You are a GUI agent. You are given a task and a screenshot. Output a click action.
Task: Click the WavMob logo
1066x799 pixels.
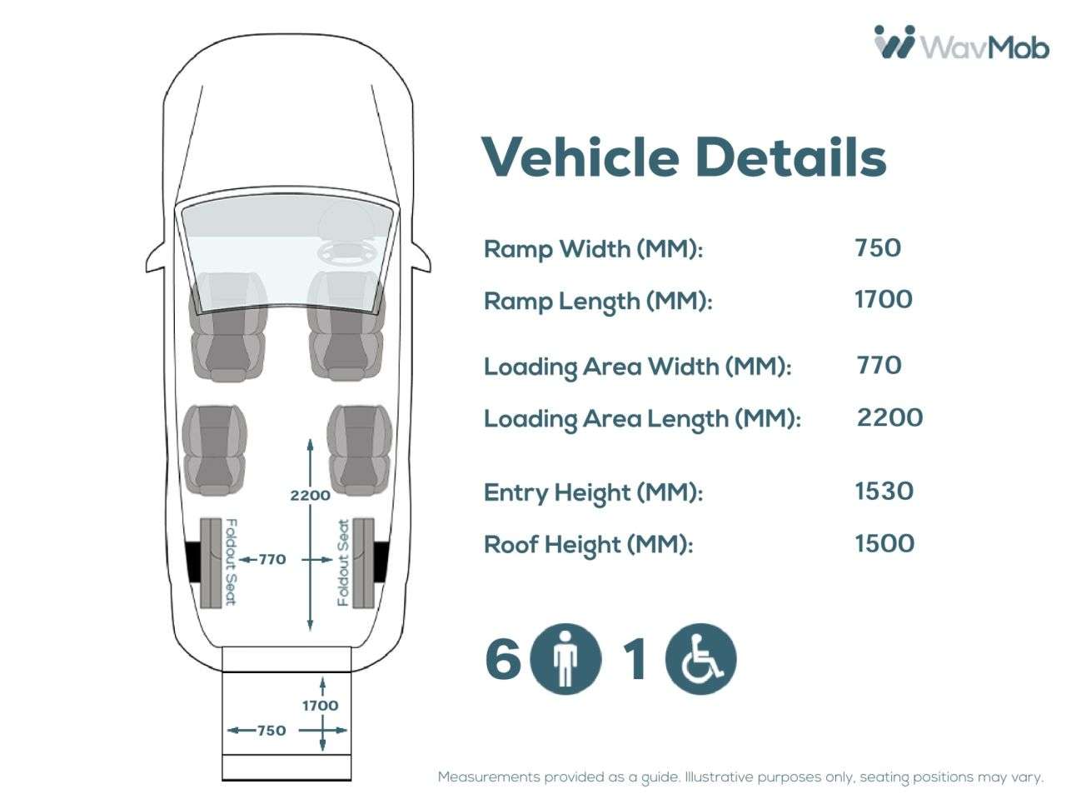[x=960, y=42]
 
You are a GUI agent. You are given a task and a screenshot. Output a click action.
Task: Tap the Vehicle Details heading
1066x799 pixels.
[x=684, y=156]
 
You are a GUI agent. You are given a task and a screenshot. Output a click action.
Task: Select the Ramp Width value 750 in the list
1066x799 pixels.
[x=878, y=247]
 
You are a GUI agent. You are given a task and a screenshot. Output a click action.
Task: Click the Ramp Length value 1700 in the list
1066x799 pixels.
[x=884, y=299]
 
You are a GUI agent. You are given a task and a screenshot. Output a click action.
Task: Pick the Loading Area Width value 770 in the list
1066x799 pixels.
[x=879, y=365]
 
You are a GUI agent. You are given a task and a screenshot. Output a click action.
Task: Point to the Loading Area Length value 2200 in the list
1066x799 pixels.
[x=889, y=417]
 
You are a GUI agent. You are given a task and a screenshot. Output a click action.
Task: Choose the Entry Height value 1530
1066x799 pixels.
[x=884, y=491]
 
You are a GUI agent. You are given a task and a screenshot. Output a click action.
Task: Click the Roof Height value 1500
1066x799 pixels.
[x=884, y=543]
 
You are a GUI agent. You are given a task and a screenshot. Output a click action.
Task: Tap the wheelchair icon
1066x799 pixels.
[x=700, y=659]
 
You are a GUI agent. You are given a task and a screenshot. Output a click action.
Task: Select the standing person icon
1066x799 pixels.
[x=565, y=659]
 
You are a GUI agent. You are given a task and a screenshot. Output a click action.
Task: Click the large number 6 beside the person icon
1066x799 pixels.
[x=503, y=659]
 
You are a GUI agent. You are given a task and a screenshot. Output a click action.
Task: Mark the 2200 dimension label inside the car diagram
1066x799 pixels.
[x=310, y=495]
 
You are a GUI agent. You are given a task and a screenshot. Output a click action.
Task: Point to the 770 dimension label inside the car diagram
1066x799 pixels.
[x=272, y=559]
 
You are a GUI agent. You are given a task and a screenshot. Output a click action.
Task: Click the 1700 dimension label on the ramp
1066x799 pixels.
[x=320, y=706]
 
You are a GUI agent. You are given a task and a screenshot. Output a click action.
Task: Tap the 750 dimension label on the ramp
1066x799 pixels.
[x=271, y=731]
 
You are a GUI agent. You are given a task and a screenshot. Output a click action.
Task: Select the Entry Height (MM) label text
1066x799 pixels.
[x=593, y=492]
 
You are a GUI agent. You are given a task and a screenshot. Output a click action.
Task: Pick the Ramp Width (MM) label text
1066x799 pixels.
[x=593, y=249]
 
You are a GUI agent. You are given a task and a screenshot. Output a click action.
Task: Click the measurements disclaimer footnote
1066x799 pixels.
[x=740, y=777]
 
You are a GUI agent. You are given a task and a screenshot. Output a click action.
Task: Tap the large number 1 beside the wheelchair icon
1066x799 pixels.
[x=635, y=659]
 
